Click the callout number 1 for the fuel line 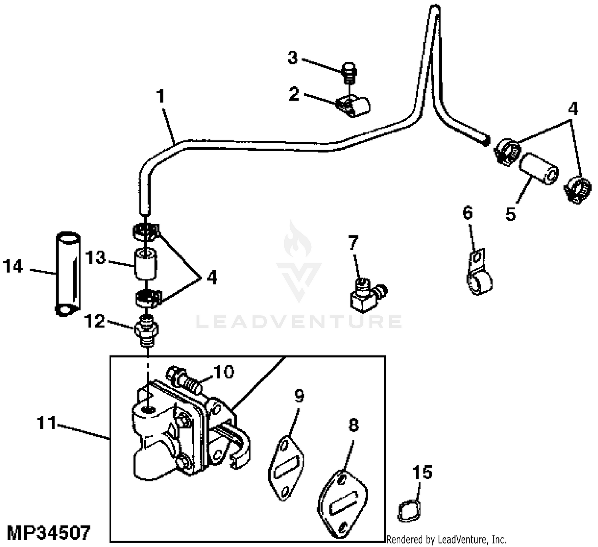coord(161,97)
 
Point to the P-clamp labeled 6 coord(479,273)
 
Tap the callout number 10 coord(224,372)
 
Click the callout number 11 coord(46,423)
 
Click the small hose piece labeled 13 coord(146,264)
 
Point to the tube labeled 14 coord(67,273)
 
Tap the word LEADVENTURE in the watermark coord(299,322)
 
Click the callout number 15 coord(422,472)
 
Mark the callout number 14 coord(13,266)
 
